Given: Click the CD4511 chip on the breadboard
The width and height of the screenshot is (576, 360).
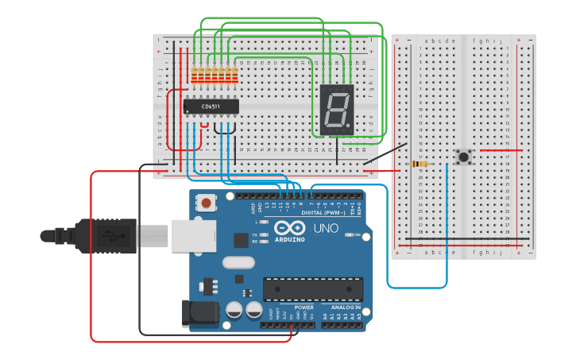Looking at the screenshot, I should point(211,106).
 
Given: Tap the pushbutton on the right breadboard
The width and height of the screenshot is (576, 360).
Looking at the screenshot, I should point(462,157).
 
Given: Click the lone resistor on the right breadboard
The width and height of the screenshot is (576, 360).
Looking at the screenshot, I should point(419,165).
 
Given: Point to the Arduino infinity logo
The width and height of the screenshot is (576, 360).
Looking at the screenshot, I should point(288,229).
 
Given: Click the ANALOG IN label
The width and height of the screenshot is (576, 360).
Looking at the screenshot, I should point(346,307).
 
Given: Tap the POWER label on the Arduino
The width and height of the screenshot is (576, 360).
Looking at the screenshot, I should point(303,307).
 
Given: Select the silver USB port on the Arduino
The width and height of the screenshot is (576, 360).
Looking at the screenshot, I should point(194,235).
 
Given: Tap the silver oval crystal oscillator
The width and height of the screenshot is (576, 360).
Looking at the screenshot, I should point(238,261).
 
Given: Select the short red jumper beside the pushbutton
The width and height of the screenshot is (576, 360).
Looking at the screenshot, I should point(501,149).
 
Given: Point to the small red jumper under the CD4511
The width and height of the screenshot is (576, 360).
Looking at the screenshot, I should point(205,125).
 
